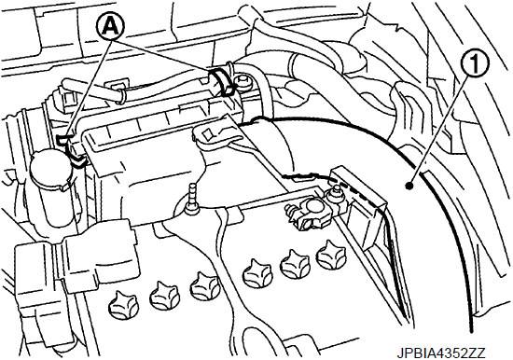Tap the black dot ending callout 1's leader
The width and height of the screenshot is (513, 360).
coord(409,186)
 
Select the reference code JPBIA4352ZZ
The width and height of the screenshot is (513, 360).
coord(441,353)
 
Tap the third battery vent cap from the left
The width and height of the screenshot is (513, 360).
coord(204,286)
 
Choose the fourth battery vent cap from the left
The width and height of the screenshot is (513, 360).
coord(256,272)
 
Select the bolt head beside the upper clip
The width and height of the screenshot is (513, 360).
coord(243,82)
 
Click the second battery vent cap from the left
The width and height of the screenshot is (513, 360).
coord(163,297)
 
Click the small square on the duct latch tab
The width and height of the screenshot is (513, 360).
coord(207,133)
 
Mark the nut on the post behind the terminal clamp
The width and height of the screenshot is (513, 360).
coord(336,189)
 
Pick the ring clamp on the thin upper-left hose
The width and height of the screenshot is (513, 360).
coord(121,95)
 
